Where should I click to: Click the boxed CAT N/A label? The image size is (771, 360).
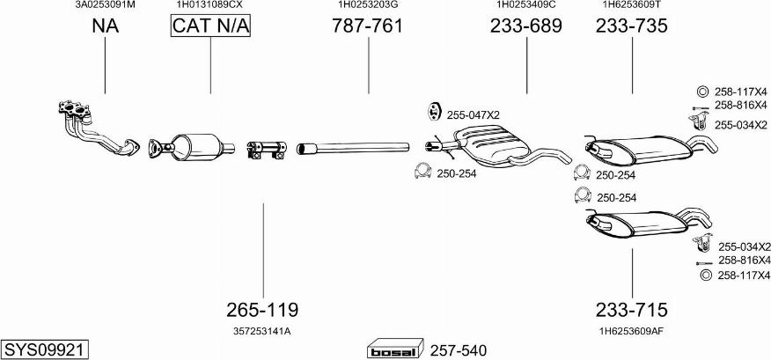coord(210,26)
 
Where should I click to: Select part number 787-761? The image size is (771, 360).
coord(367,26)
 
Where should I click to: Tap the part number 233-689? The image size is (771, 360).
coord(525,26)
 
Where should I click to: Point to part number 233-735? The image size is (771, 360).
coord(631,26)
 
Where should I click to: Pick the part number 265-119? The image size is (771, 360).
coord(262,310)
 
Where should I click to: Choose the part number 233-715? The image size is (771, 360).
coord(631,310)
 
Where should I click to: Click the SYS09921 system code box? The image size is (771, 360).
coord(44,349)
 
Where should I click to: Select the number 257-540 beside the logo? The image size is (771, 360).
coord(459,350)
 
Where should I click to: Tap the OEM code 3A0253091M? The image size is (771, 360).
coord(105,4)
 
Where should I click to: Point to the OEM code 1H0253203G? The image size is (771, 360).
coord(367,4)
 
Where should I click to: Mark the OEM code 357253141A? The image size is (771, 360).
coord(262,331)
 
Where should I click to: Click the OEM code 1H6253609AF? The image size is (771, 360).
coord(631,331)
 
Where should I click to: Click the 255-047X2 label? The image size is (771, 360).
coord(473,115)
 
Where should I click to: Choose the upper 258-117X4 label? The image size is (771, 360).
coord(739,92)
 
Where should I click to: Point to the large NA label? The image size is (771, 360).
coord(105,26)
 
